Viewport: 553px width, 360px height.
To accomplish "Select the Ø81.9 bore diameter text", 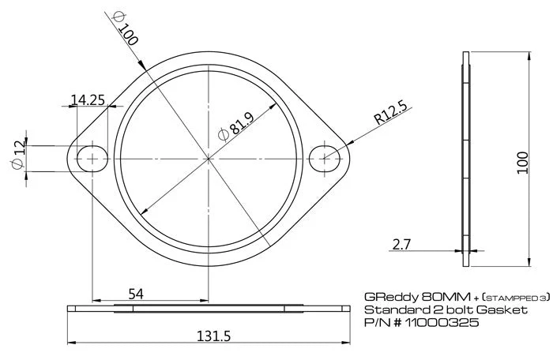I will point(236,126).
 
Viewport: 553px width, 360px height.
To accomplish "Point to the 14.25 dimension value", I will point(88,99).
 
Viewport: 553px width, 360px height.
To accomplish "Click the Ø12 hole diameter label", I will point(19,154).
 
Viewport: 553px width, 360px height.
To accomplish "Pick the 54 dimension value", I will point(135,294).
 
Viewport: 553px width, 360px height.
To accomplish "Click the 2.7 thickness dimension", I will point(403,245).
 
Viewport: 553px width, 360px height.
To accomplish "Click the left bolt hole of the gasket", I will point(93,158).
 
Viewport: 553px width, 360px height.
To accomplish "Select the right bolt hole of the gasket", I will point(325,158).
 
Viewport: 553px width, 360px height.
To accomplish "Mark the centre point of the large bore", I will point(209,158).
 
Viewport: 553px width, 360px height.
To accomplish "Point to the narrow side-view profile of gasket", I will point(466,159).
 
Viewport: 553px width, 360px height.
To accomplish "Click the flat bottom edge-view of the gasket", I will point(209,308).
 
